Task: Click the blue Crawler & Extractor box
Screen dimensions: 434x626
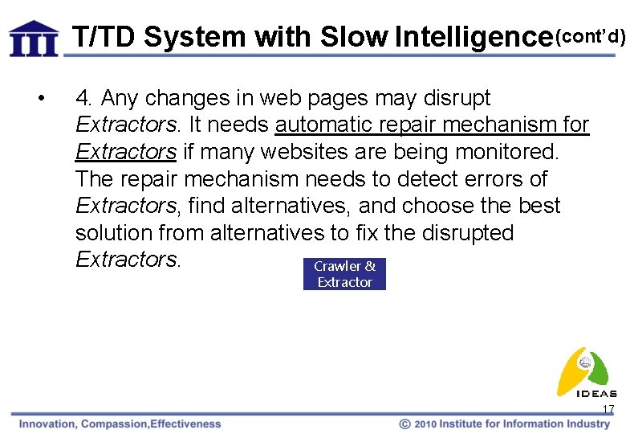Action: tap(344, 274)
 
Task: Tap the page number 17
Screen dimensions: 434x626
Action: tap(608, 410)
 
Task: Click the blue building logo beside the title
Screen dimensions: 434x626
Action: tap(34, 38)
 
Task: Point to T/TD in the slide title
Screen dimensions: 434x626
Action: tap(104, 37)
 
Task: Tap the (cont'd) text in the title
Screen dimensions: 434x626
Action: tap(590, 35)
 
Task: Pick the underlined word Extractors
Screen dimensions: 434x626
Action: tap(125, 152)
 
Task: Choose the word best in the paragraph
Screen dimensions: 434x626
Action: tap(539, 206)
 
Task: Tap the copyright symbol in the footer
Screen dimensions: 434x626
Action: tap(405, 424)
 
